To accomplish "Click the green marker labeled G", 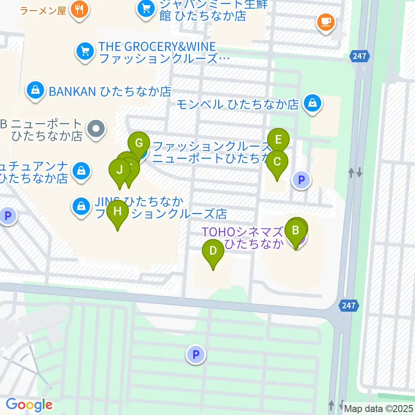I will pyautogui.click(x=139, y=144).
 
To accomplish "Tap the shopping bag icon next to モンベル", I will pyautogui.click(x=311, y=103).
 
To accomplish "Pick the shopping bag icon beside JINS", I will pyautogui.click(x=81, y=206).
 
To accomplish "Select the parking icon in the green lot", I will pyautogui.click(x=196, y=355).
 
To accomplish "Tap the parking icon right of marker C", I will pyautogui.click(x=301, y=179).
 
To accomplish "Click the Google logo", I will pyautogui.click(x=29, y=405).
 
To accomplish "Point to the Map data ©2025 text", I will pyautogui.click(x=378, y=408).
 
